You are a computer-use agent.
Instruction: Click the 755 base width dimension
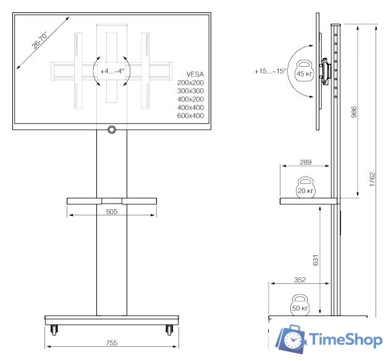(111, 342)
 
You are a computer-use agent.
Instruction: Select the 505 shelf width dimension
(111, 211)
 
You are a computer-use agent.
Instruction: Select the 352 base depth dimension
(300, 280)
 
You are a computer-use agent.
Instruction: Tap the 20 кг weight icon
(306, 188)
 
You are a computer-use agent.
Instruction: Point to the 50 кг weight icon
(300, 305)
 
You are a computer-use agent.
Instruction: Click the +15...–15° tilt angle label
(270, 72)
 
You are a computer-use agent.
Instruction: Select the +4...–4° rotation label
(112, 71)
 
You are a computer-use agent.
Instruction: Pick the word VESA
(195, 73)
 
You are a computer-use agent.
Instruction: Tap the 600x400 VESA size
(190, 115)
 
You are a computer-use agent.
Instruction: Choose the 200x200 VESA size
(190, 82)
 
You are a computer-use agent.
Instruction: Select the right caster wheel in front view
(168, 330)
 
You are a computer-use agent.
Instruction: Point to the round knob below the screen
(112, 130)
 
